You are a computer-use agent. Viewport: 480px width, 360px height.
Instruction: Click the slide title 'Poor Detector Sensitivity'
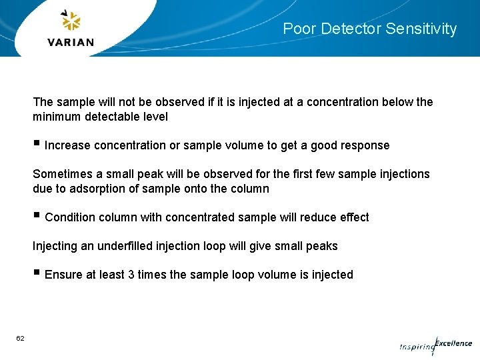[369, 29]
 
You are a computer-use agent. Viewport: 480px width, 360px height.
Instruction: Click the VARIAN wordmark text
[71, 42]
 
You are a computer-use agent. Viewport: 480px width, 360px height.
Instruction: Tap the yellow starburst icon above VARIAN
[71, 22]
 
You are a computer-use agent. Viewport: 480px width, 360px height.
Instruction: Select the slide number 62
[21, 339]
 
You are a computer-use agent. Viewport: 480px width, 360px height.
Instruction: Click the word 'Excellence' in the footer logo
[453, 343]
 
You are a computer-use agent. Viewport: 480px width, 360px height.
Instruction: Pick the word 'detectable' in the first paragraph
[105, 117]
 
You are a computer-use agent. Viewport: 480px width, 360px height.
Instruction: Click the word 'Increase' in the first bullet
[67, 145]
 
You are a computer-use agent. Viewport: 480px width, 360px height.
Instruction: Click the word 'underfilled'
[125, 246]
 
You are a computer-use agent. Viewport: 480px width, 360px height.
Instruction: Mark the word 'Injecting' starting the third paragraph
[55, 246]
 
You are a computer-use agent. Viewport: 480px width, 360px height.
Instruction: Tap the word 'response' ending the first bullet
[365, 145]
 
